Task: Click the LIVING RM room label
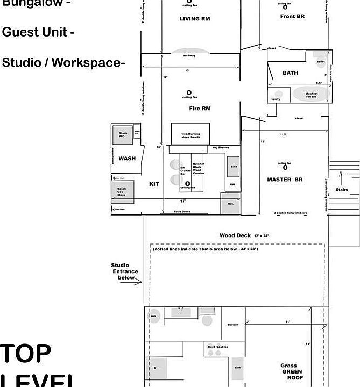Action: point(194,19)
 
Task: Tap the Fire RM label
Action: point(200,109)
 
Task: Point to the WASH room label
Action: point(127,159)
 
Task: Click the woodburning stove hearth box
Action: point(190,134)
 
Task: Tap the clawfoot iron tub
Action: point(310,94)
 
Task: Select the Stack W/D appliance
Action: point(123,134)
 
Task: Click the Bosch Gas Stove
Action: point(122,192)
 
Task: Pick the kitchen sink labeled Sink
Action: point(233,167)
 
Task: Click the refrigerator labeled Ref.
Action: point(230,203)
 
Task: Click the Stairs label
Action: point(342,190)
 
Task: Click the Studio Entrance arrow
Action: point(139,282)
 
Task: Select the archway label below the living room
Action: point(189,56)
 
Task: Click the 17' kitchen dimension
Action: point(183,201)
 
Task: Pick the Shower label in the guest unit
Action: point(232,325)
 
